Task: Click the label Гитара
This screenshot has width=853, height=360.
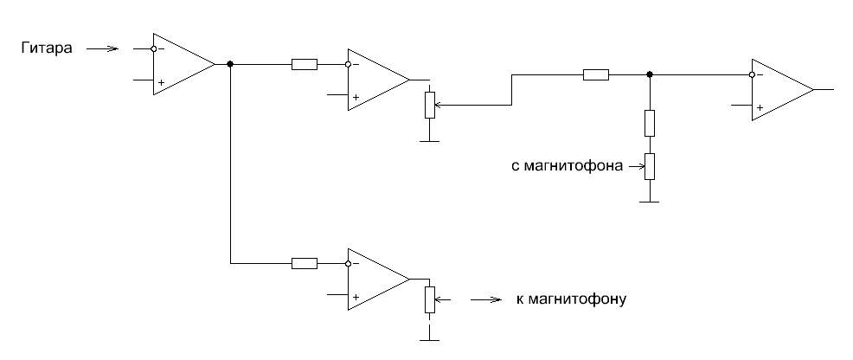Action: point(50,48)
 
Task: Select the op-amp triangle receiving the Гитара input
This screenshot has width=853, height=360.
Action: point(182,64)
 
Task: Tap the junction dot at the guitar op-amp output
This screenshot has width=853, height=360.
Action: point(229,64)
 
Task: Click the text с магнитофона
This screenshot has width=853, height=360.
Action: point(568,165)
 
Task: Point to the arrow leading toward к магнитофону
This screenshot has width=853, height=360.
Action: point(486,300)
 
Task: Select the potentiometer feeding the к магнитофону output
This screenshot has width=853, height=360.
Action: point(429,299)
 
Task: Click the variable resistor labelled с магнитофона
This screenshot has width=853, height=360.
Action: point(649,165)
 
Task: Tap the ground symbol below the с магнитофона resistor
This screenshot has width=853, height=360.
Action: point(649,202)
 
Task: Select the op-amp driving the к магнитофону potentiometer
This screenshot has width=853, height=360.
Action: point(376,279)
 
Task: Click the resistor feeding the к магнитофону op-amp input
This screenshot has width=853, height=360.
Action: point(305,262)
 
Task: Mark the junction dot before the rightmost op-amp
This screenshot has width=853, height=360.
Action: point(649,74)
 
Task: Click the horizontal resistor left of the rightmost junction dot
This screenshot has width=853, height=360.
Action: point(595,75)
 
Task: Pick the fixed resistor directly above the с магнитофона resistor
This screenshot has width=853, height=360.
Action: point(649,123)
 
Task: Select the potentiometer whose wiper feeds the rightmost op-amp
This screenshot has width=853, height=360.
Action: point(428,105)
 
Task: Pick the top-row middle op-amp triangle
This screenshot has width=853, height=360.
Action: point(376,80)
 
